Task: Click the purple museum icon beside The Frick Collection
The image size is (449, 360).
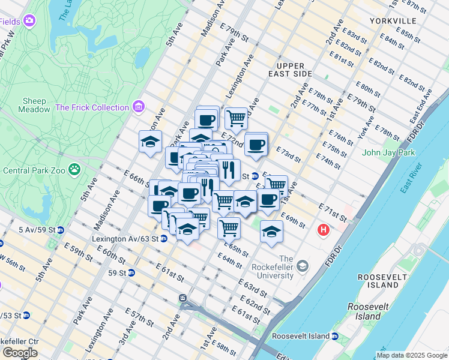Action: [x=139, y=107]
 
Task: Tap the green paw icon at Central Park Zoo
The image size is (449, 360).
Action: [x=74, y=170]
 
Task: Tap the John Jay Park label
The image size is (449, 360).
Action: [x=388, y=152]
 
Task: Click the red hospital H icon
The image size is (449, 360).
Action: [x=324, y=229]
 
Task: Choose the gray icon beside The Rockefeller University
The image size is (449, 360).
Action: [x=303, y=265]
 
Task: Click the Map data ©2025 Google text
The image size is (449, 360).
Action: [x=411, y=355]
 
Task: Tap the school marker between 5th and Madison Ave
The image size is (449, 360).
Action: [x=150, y=142]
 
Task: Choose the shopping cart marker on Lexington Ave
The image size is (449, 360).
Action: [x=236, y=118]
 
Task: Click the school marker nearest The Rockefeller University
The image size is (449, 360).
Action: [x=271, y=232]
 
